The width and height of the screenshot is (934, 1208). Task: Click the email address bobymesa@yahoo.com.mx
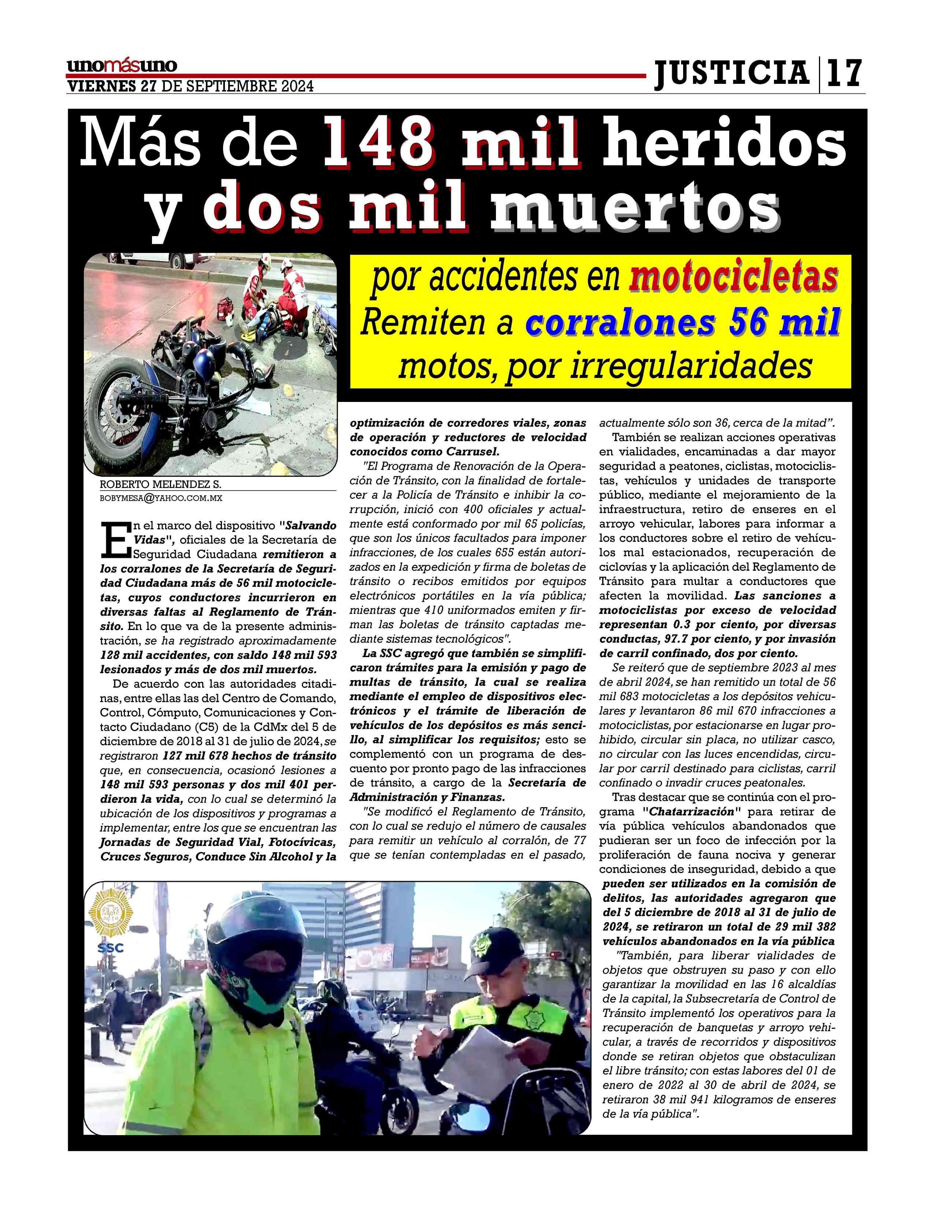click(160, 498)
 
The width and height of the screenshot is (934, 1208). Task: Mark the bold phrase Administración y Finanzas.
click(427, 797)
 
